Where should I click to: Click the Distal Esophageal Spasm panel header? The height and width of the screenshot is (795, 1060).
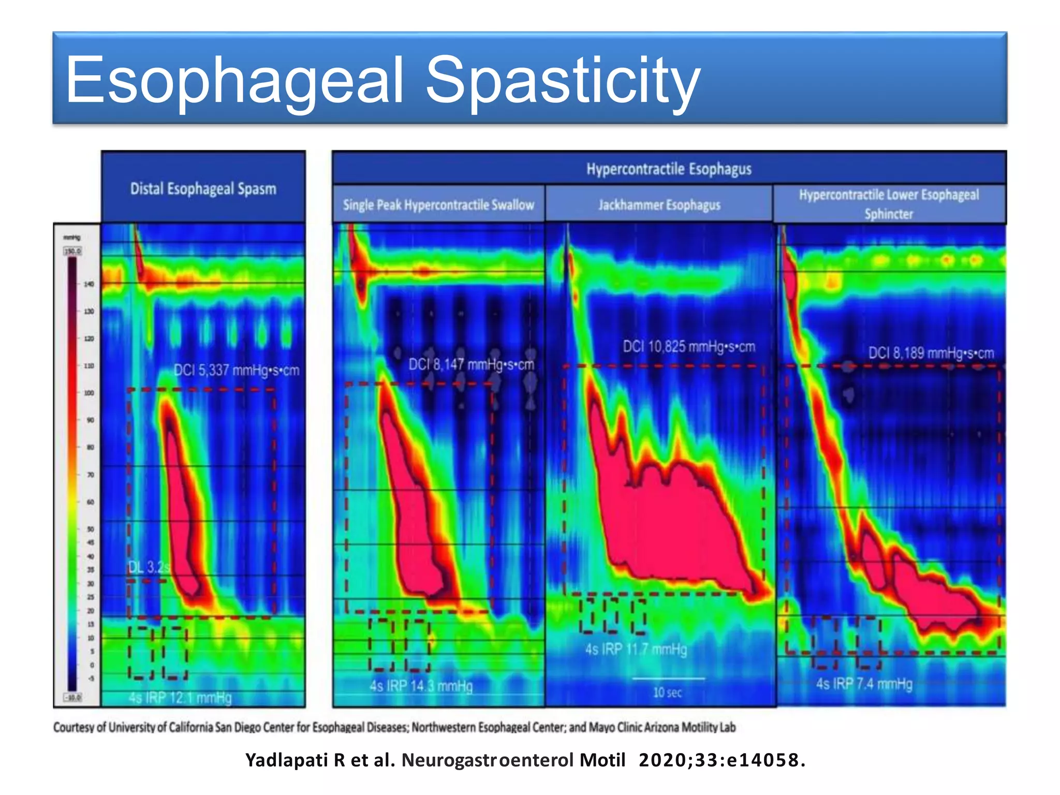tap(203, 189)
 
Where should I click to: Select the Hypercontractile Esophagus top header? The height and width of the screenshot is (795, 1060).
tap(669, 169)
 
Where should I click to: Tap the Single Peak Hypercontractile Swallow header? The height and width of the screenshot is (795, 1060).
tap(438, 205)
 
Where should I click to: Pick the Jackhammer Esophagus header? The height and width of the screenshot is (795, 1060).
tap(659, 205)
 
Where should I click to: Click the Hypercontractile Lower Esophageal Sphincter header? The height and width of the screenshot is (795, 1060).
tap(889, 204)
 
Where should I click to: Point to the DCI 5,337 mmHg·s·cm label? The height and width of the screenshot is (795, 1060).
tap(237, 371)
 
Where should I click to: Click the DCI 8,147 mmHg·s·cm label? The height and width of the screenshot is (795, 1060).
tap(471, 365)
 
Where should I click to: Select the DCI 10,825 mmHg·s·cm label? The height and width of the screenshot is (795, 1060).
tap(689, 347)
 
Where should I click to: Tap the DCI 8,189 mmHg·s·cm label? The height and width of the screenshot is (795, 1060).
tap(931, 354)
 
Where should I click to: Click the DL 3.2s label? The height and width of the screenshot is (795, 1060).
tap(149, 567)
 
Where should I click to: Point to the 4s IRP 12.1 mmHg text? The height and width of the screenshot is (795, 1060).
tap(180, 698)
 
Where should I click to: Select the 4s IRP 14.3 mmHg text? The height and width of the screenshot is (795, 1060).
tap(421, 686)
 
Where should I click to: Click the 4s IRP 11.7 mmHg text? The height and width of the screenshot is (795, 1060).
tap(636, 649)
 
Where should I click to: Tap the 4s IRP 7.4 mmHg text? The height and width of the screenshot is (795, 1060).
tap(864, 684)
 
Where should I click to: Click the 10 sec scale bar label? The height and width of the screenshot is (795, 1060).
tap(667, 693)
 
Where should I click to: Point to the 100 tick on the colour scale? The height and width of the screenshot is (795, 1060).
tap(89, 393)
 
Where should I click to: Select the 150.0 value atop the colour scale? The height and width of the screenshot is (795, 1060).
tap(72, 251)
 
